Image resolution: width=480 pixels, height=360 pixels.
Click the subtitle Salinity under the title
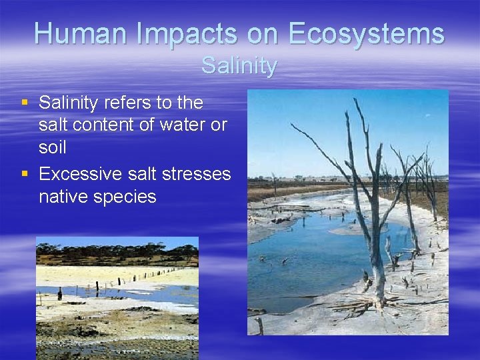coord(239,66)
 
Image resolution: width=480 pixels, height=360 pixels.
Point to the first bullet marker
coord(25,103)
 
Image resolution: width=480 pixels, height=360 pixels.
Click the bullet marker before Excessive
coord(25,173)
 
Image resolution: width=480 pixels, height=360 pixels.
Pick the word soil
coord(53,147)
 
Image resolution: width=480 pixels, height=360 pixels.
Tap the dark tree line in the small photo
coord(117,254)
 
